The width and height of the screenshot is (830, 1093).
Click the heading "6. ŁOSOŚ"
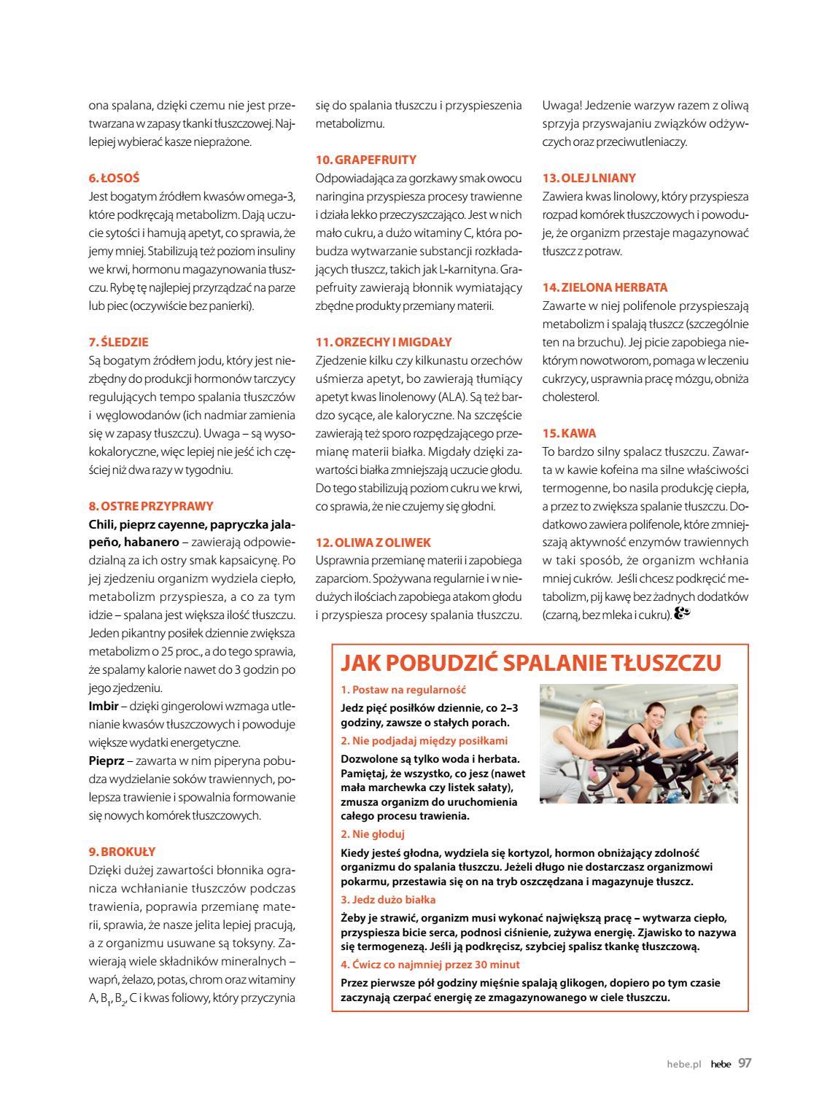(114, 178)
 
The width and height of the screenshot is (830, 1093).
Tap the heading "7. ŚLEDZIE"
(118, 342)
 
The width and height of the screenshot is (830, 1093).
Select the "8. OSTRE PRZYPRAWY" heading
(151, 506)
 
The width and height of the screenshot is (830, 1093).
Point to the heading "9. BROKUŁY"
(122, 852)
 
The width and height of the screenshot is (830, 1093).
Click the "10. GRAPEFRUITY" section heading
(365, 160)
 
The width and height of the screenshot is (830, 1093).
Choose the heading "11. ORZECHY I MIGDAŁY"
(384, 342)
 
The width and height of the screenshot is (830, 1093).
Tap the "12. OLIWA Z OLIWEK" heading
(373, 542)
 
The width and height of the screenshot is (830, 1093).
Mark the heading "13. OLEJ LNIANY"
(589, 178)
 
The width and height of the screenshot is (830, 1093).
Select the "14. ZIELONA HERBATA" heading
(605, 287)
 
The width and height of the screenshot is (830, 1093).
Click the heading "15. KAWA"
(569, 433)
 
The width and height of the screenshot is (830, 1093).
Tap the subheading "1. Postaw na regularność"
(403, 690)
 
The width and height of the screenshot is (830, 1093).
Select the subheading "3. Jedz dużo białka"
(388, 900)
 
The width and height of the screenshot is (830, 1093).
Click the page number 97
(744, 1063)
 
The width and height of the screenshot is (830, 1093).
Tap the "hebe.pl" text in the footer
(683, 1064)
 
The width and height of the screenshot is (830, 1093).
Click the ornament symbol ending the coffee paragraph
(681, 615)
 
